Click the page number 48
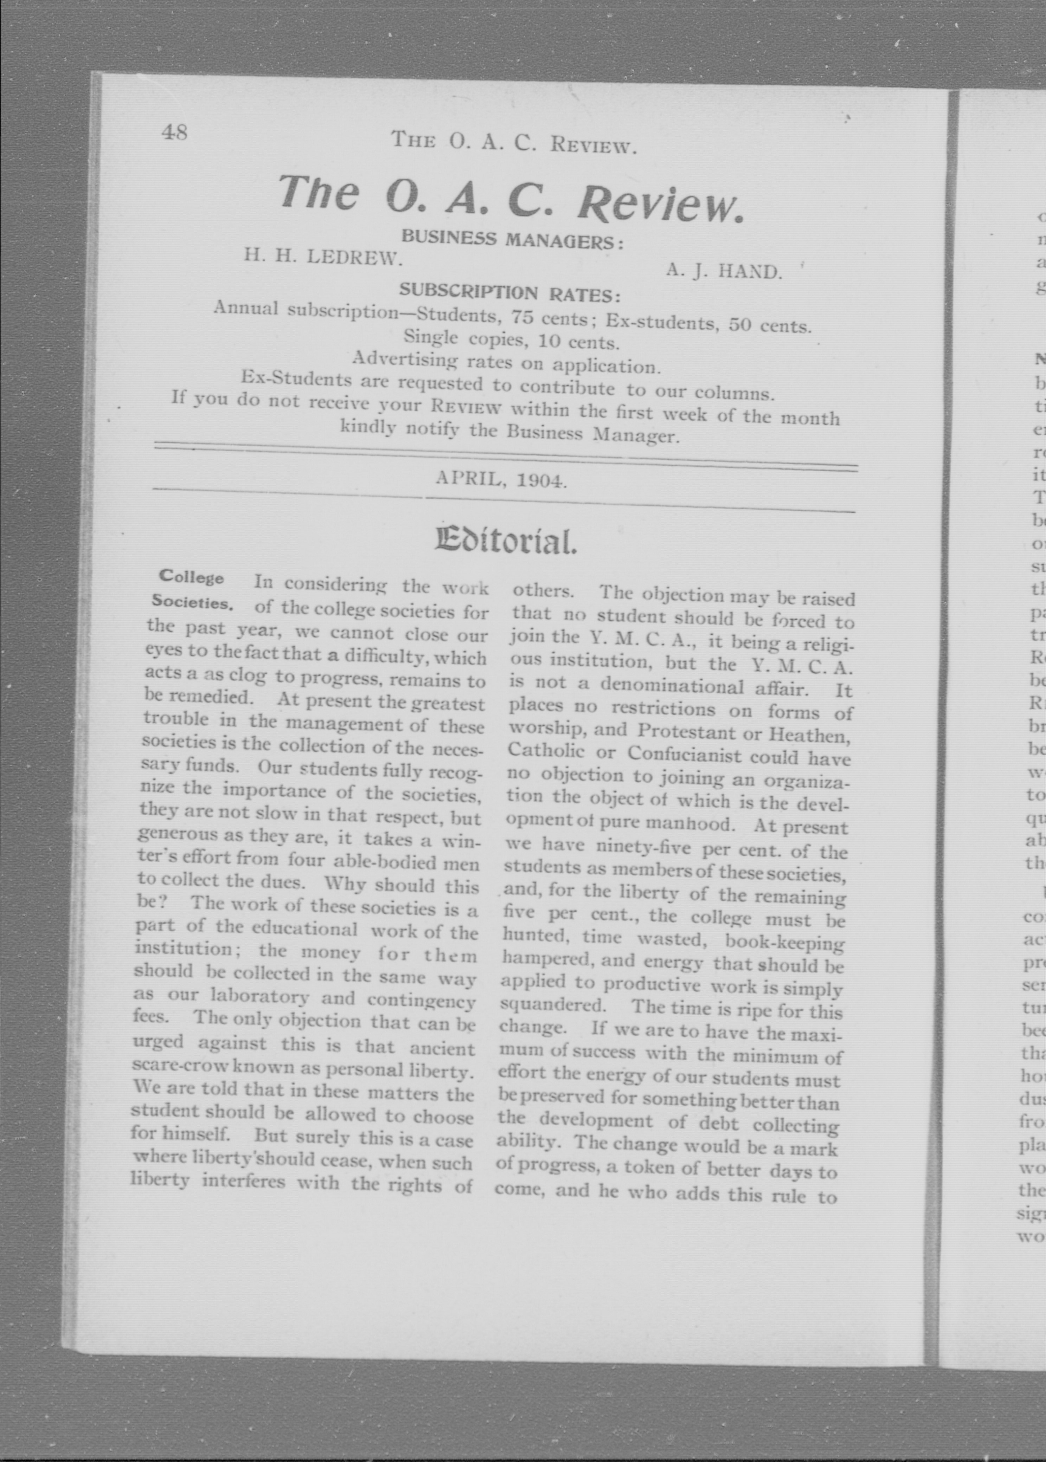[174, 132]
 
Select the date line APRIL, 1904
[501, 480]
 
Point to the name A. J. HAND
[724, 271]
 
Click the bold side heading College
[191, 577]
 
